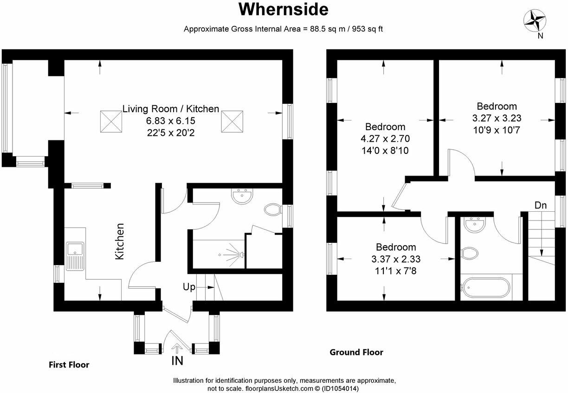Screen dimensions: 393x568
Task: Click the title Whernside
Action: click(x=284, y=9)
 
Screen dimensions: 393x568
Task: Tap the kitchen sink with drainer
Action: click(x=74, y=256)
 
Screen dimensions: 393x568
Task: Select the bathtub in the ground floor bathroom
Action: click(x=485, y=287)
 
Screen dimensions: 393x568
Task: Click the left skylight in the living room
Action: click(x=111, y=121)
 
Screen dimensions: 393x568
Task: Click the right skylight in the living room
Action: click(x=232, y=121)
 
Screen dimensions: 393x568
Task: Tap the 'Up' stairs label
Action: click(x=189, y=287)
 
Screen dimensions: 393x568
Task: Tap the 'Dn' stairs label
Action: click(x=540, y=205)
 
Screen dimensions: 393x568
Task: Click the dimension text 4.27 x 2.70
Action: click(x=385, y=139)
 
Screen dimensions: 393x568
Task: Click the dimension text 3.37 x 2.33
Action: click(x=396, y=259)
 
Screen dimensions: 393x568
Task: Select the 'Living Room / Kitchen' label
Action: click(x=171, y=109)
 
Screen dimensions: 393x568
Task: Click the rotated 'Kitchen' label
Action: click(x=120, y=241)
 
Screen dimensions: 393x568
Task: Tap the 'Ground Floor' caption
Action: click(x=356, y=352)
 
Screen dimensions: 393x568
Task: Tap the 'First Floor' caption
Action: click(x=69, y=365)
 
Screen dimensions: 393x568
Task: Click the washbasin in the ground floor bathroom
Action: click(x=475, y=224)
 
